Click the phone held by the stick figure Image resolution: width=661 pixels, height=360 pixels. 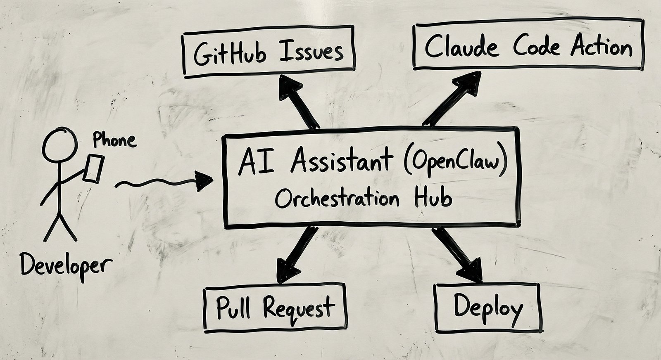pyautogui.click(x=93, y=168)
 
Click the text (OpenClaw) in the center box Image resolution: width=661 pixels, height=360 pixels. pyautogui.click(x=455, y=162)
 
